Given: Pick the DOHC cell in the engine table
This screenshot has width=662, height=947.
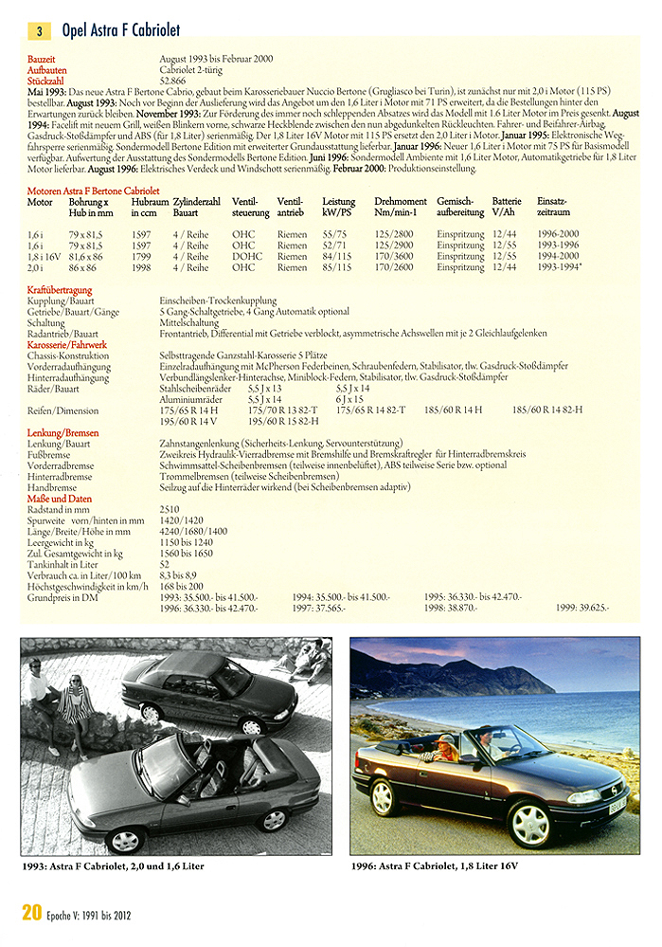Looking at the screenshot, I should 244,256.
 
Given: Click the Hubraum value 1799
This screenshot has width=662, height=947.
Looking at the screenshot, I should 141,256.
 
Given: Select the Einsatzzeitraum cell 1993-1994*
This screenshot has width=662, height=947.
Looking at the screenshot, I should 561,267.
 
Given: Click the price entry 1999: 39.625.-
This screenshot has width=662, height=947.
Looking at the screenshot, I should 581,608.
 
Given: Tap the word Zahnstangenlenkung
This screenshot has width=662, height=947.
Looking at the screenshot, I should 203,443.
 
